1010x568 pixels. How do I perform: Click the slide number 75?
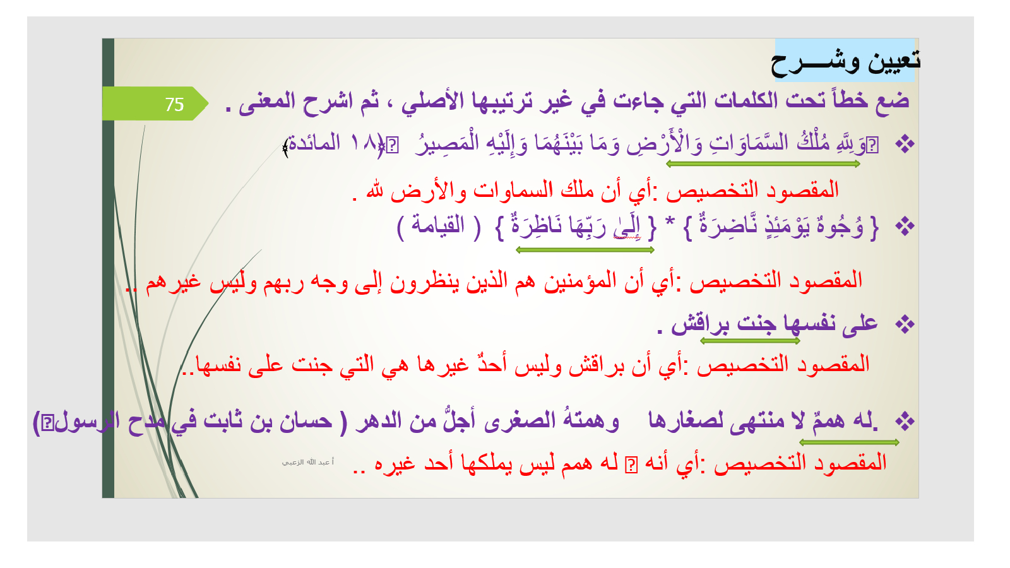(x=174, y=105)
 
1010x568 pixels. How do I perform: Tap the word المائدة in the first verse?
(x=314, y=143)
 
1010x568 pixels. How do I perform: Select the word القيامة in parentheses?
(x=438, y=225)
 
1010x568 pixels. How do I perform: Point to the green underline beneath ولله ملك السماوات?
(x=763, y=164)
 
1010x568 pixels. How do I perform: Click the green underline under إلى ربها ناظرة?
(x=585, y=250)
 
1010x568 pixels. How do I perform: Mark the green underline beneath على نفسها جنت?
(x=751, y=341)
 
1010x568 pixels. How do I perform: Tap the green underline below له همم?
(x=849, y=442)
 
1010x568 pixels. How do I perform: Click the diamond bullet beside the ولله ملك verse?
(x=905, y=145)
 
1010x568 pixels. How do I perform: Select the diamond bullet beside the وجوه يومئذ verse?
(x=905, y=226)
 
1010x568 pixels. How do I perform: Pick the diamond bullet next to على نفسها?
(x=905, y=324)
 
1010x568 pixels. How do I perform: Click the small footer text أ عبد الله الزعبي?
(x=308, y=462)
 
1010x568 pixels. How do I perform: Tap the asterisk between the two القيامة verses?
(x=670, y=222)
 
